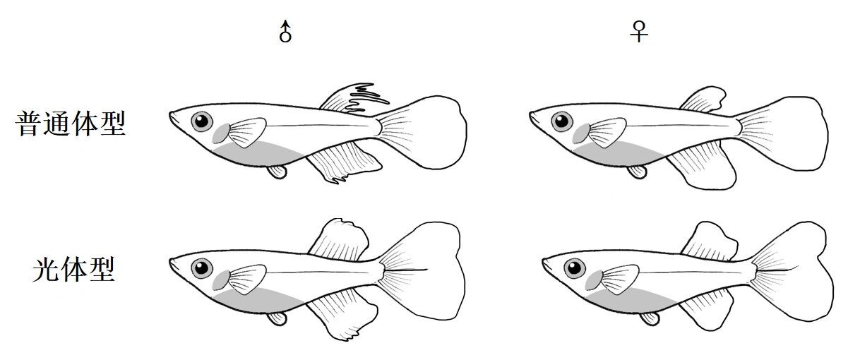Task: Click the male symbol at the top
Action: pyautogui.click(x=285, y=32)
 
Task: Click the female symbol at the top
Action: pyautogui.click(x=639, y=32)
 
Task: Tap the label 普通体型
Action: pyautogui.click(x=71, y=124)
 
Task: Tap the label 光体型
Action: pyautogui.click(x=73, y=270)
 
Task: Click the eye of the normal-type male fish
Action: pyautogui.click(x=202, y=121)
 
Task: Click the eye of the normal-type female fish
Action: pyautogui.click(x=562, y=121)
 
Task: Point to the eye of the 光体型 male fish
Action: pyautogui.click(x=202, y=268)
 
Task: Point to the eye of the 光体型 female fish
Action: pyautogui.click(x=575, y=268)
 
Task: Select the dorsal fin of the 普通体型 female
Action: pyautogui.click(x=703, y=100)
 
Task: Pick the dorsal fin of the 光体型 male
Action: pyautogui.click(x=339, y=239)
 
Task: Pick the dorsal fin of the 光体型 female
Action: pyautogui.click(x=709, y=241)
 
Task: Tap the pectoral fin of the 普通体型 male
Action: pyautogui.click(x=246, y=132)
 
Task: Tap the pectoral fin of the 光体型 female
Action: pyautogui.click(x=619, y=279)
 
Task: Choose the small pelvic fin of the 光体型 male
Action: pyautogui.click(x=277, y=318)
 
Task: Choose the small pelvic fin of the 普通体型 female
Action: pyautogui.click(x=637, y=172)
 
